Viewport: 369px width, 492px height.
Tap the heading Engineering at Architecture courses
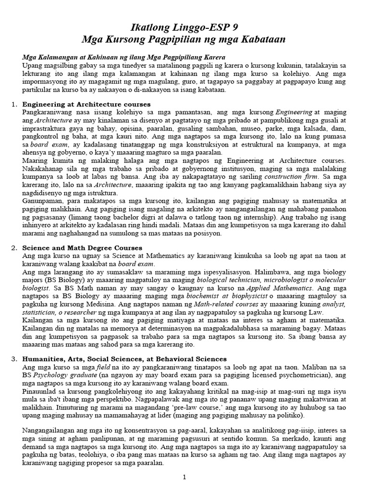(x=86, y=104)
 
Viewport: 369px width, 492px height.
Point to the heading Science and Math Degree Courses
(x=82, y=247)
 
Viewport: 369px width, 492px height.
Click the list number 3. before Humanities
(x=14, y=359)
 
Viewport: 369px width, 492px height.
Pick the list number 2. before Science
(x=14, y=247)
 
